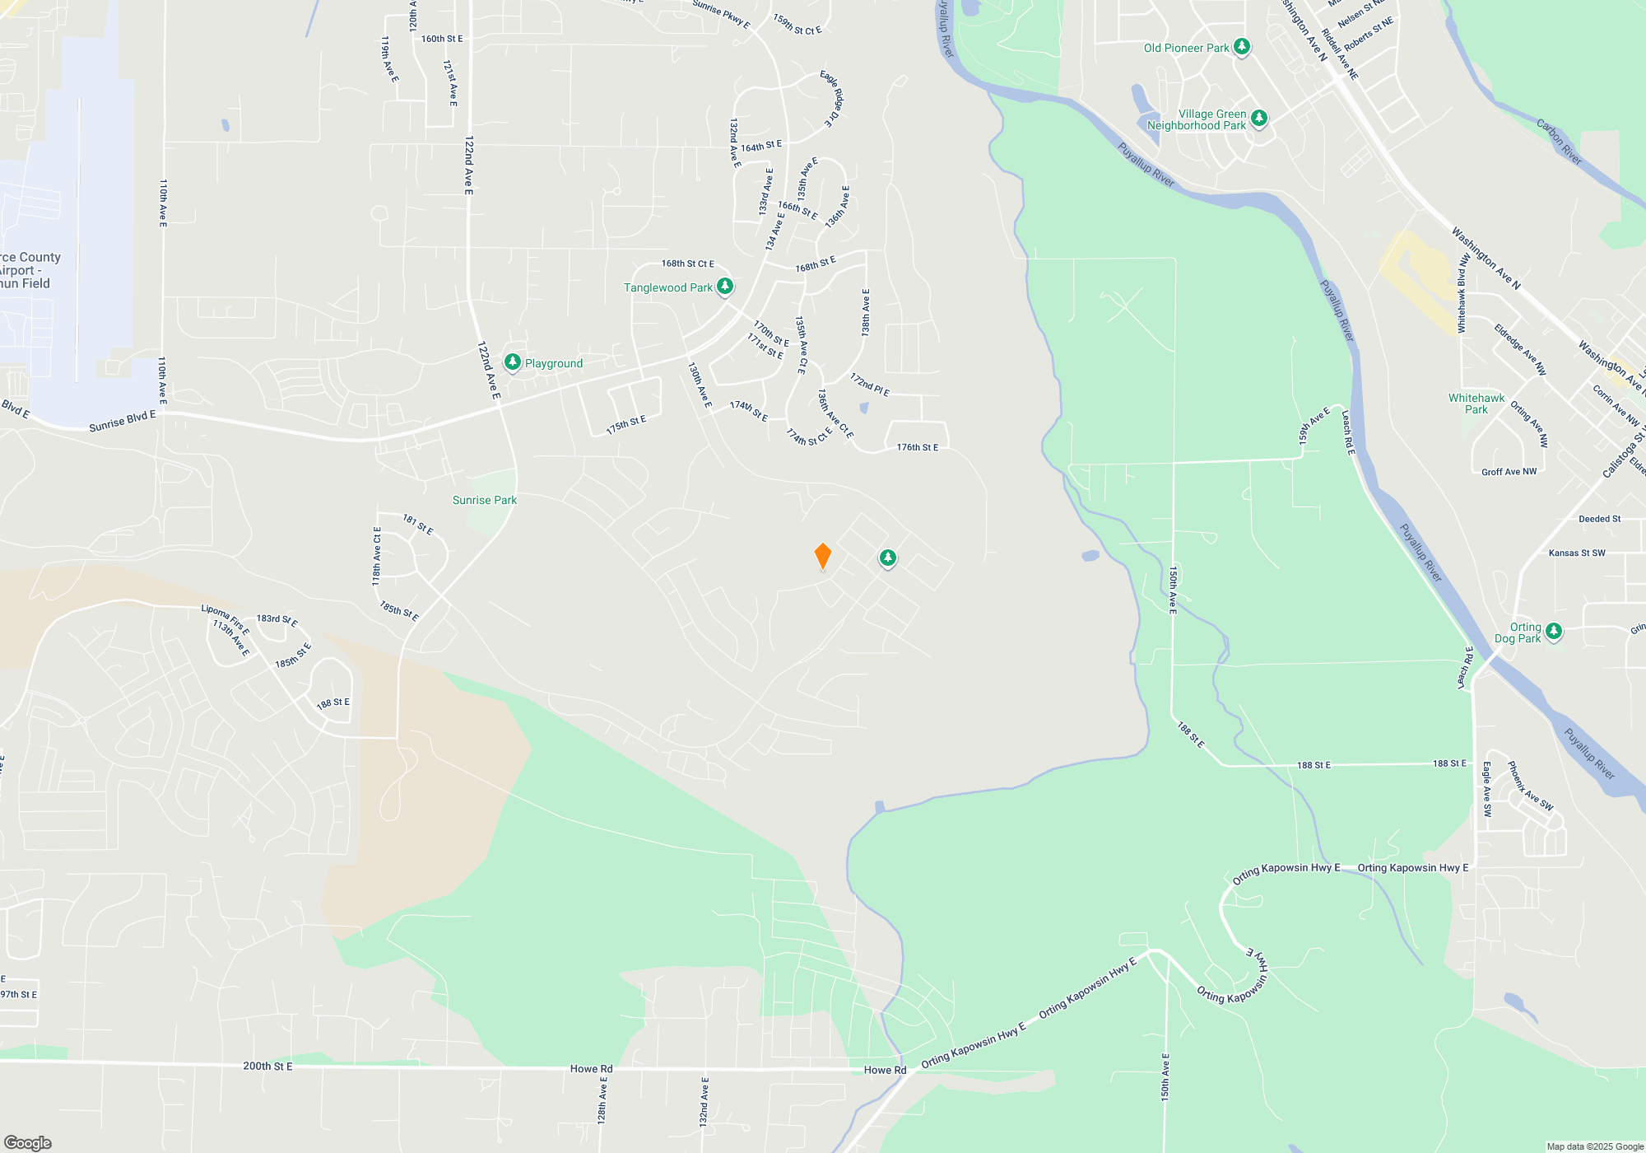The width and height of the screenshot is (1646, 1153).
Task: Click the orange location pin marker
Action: (822, 556)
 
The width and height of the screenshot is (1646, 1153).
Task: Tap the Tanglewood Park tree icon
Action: (724, 287)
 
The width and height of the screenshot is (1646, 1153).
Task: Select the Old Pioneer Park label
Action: (1186, 48)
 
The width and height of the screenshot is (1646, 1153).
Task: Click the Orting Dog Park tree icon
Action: (1553, 632)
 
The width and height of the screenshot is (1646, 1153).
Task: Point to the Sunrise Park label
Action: (485, 500)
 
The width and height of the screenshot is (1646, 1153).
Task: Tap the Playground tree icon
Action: (513, 362)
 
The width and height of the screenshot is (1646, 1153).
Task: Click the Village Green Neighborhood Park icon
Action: (1258, 119)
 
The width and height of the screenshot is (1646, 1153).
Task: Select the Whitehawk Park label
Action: (1476, 404)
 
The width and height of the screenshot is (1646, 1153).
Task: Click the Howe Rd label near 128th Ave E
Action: (591, 1069)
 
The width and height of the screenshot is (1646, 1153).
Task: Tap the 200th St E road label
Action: (267, 1066)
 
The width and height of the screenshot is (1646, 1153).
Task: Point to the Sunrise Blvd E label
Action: (122, 421)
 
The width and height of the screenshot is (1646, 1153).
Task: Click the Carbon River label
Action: (1559, 142)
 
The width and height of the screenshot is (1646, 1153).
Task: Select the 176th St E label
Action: (917, 447)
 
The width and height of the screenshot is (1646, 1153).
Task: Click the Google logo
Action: (28, 1142)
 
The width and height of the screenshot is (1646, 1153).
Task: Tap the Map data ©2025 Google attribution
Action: (1595, 1146)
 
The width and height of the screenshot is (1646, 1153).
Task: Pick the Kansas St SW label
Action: (1577, 553)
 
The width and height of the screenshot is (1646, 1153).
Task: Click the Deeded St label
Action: (1599, 519)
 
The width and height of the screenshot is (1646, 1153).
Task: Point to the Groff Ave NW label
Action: (1509, 472)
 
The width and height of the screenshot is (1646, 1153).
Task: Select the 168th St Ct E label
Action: (687, 264)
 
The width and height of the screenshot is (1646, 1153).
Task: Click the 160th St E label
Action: (442, 39)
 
